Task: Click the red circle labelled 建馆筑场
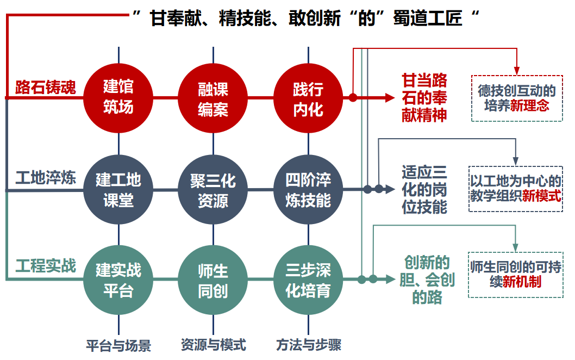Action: [118, 98]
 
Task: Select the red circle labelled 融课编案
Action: [213, 98]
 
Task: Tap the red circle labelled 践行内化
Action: [308, 98]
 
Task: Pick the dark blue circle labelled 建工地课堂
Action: [118, 190]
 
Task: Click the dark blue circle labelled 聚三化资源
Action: [213, 190]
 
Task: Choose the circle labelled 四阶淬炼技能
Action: [308, 190]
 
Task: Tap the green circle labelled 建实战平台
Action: [118, 280]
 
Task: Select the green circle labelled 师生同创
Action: [213, 280]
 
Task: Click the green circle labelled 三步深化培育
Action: [308, 280]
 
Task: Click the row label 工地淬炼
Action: [46, 178]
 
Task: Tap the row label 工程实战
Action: [46, 266]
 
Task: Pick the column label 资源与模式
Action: [213, 344]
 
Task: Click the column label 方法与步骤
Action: [308, 345]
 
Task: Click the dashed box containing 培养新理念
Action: [517, 98]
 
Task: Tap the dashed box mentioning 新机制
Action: [515, 274]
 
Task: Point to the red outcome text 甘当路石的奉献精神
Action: [424, 98]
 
